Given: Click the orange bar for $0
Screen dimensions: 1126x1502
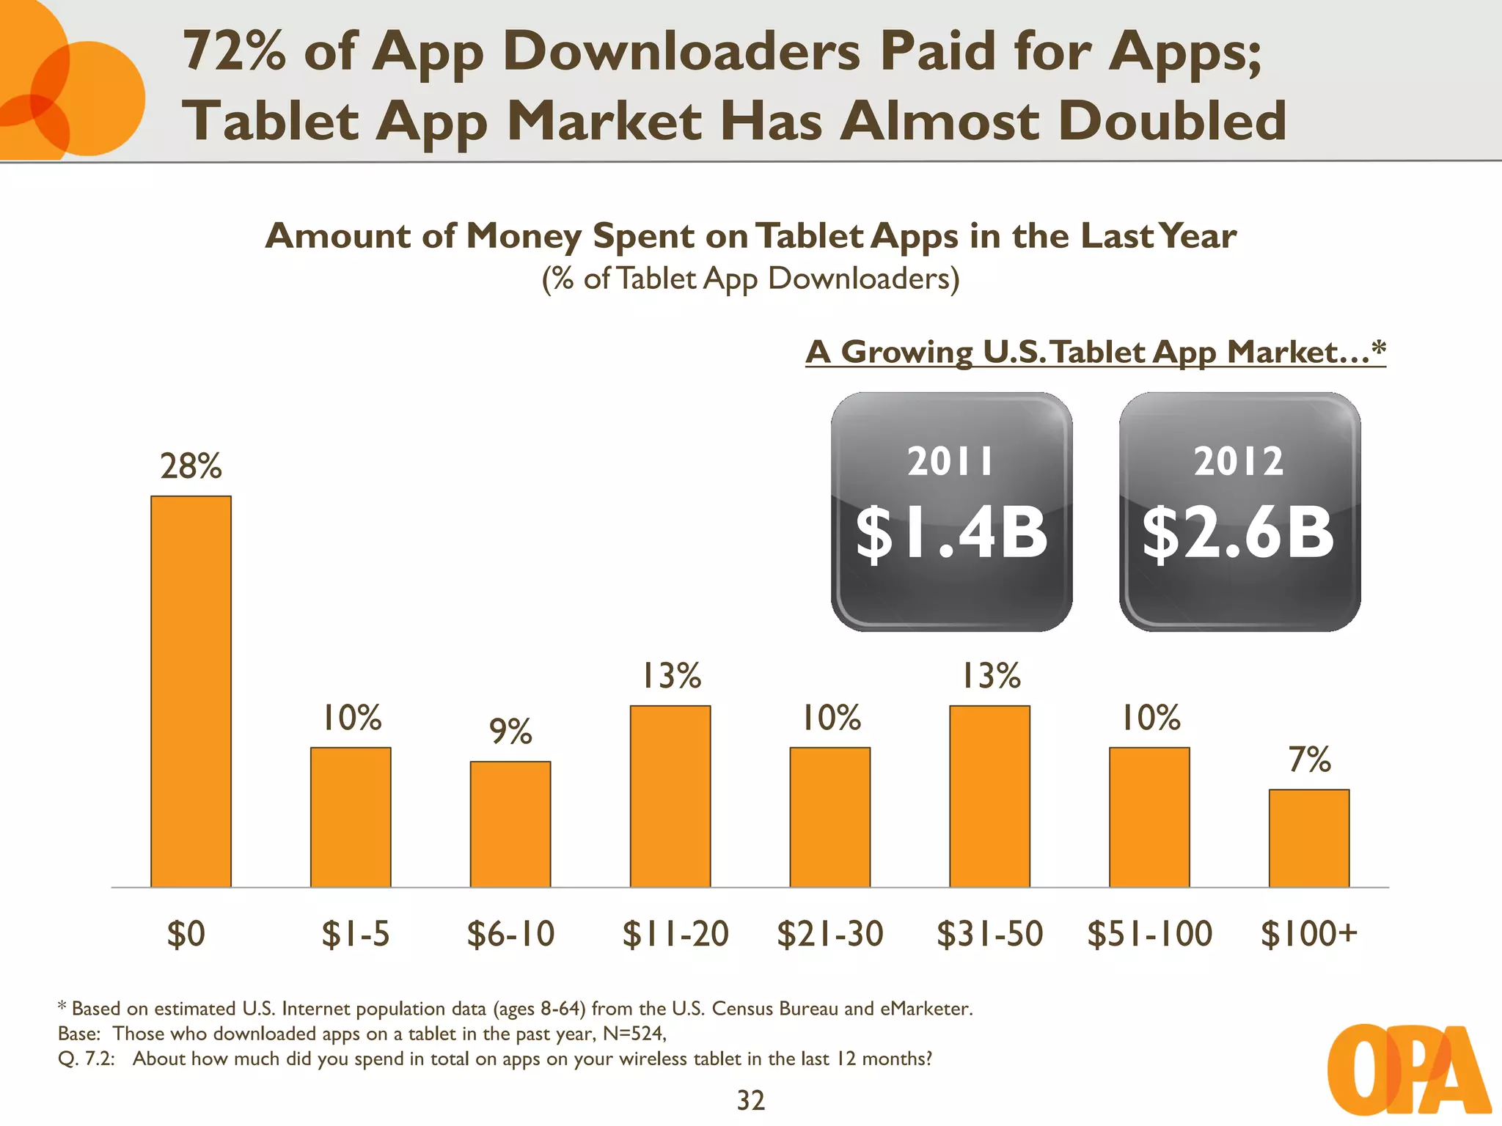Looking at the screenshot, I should coord(191,691).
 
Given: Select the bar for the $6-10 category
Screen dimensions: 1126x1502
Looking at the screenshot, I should coord(510,824).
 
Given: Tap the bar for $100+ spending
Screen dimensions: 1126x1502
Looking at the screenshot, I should coord(1308,838).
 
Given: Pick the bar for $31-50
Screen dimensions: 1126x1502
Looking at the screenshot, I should coord(989,796).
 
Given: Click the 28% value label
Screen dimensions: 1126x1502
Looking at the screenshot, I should coord(191,466).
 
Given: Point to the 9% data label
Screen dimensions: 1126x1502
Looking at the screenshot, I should coord(510,732).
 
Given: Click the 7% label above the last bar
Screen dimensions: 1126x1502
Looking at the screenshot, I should coord(1309,759).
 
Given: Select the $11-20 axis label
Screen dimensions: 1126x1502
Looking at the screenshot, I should coord(675,934).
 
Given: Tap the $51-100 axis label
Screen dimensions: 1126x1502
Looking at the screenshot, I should coord(1149,934).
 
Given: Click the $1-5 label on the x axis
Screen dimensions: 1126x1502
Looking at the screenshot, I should coord(355,934).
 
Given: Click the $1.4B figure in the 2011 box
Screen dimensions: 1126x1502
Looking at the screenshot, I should coord(951,534).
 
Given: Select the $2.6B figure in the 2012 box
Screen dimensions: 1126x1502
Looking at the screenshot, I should coord(1239,534).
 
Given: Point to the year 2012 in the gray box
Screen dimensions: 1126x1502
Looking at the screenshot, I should coord(1239,462).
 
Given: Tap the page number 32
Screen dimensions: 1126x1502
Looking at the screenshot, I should coord(750,1100).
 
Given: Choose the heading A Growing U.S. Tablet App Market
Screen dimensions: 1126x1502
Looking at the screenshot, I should coord(1095,352).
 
